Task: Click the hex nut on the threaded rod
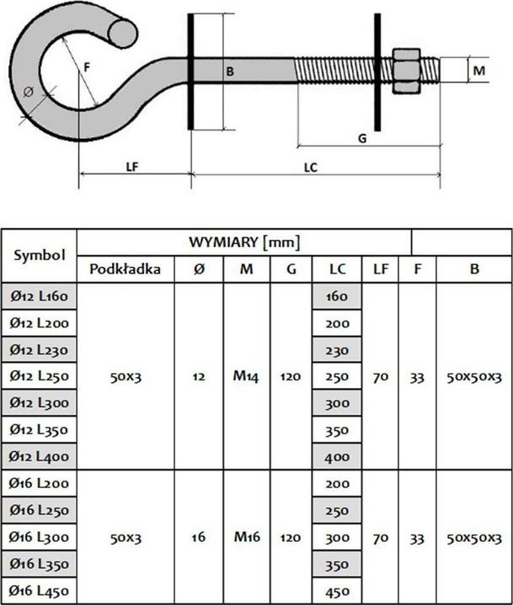(408, 71)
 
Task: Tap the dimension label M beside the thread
(478, 72)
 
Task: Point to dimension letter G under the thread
(361, 138)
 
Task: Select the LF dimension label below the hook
(131, 167)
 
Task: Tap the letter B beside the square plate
(228, 72)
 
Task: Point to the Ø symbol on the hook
(29, 91)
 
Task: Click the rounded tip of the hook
(124, 33)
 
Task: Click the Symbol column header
(39, 254)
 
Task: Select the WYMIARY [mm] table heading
(244, 242)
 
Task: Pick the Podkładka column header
(125, 269)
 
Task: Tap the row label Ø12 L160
(40, 296)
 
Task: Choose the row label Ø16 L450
(40, 591)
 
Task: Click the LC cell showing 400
(337, 457)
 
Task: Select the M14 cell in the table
(246, 376)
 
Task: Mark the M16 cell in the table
(246, 537)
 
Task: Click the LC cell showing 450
(337, 591)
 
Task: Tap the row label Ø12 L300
(40, 403)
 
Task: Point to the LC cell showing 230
(337, 349)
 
